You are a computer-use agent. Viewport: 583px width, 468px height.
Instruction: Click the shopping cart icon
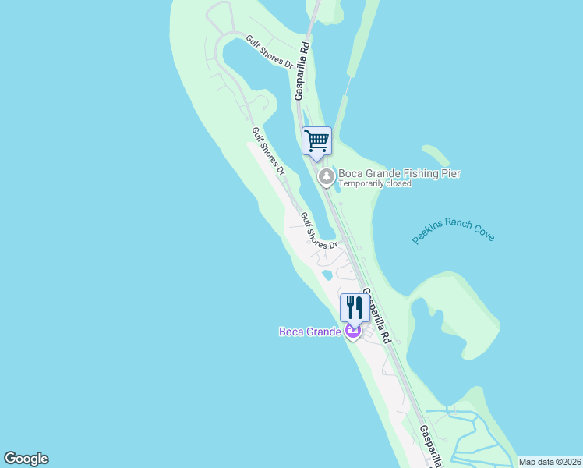pos(316,141)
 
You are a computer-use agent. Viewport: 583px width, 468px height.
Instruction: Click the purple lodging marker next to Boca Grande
pos(353,332)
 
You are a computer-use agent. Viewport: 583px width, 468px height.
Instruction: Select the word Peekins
pos(429,233)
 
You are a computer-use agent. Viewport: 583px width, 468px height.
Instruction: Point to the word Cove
pos(483,234)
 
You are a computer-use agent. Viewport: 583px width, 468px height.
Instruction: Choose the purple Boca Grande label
pos(310,331)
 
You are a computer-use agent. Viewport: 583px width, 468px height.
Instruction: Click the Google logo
pos(26,459)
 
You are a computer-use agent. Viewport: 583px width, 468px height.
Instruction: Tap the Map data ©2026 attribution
pos(550,462)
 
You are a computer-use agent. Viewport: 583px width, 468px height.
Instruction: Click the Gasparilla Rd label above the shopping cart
pos(303,69)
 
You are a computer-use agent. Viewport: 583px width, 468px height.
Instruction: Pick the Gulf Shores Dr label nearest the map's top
pos(269,53)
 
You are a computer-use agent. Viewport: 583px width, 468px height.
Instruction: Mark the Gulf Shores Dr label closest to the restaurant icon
pos(318,232)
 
